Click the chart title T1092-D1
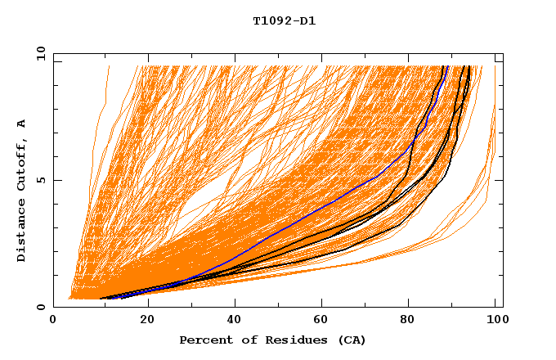(284, 20)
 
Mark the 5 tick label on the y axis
(41, 180)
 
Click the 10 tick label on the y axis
(38, 53)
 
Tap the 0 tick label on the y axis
(41, 307)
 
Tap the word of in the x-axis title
(247, 340)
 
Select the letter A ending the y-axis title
(21, 123)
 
